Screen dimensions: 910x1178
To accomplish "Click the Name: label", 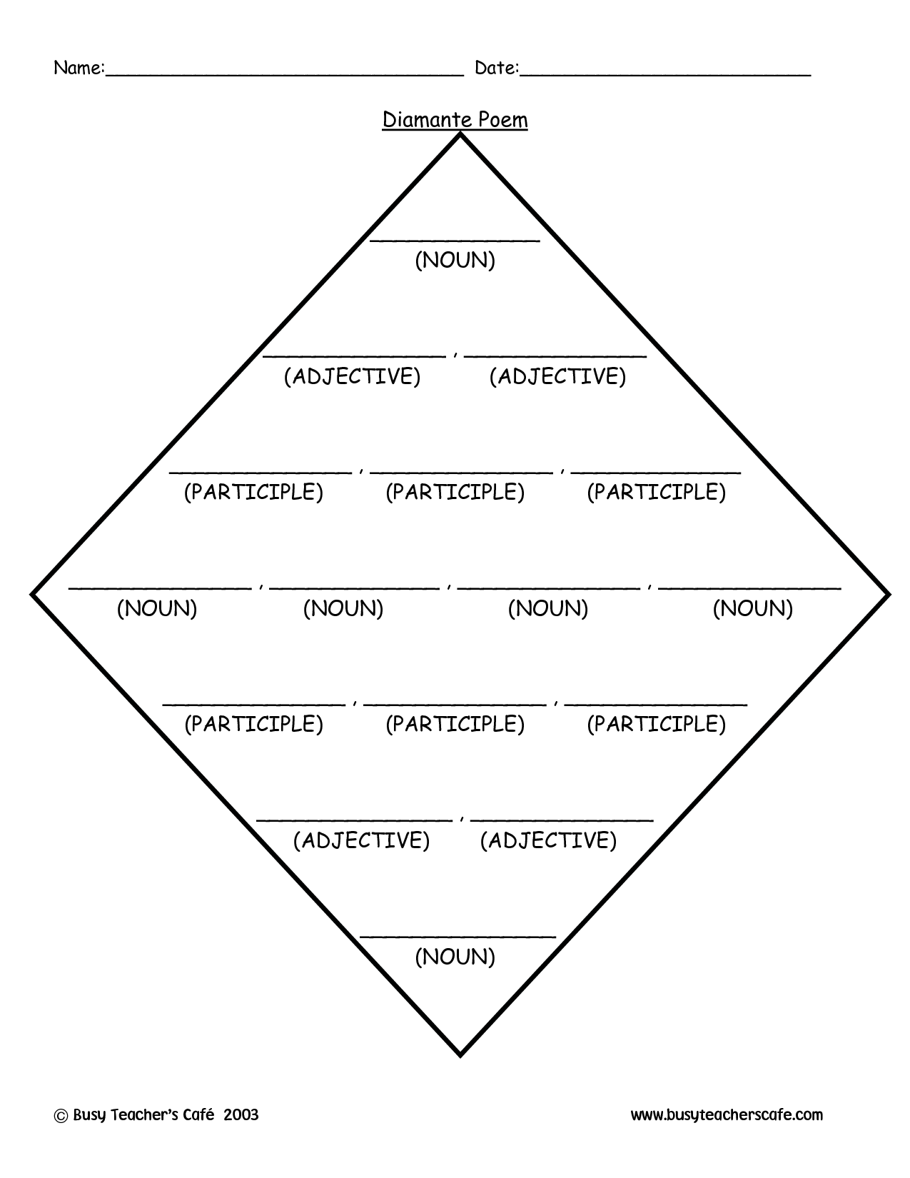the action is pos(79,68).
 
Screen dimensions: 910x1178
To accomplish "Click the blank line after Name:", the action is pos(285,76).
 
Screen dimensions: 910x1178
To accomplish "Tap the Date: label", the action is pos(497,68).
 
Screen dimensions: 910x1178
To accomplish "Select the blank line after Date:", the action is pos(665,76).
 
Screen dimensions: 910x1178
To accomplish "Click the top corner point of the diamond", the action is pos(460,134).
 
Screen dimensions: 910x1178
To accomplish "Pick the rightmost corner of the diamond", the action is pos(888,595).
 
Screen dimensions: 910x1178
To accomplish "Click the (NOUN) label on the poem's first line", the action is pos(455,260).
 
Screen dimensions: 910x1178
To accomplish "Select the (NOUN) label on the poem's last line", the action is pos(455,957).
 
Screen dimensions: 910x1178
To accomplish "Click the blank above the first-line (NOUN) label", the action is pos(455,241).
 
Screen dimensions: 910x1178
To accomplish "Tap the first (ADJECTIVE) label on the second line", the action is pos(353,376).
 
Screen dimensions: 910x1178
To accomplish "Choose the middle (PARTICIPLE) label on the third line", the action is pos(455,492).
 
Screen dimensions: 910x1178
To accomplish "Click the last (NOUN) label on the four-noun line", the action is pos(753,609).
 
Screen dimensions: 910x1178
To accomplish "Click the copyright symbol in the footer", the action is pos(61,1116).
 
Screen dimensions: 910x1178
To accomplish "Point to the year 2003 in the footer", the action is pos(241,1114).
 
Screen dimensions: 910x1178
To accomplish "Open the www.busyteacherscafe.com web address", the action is pos(727,1115).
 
